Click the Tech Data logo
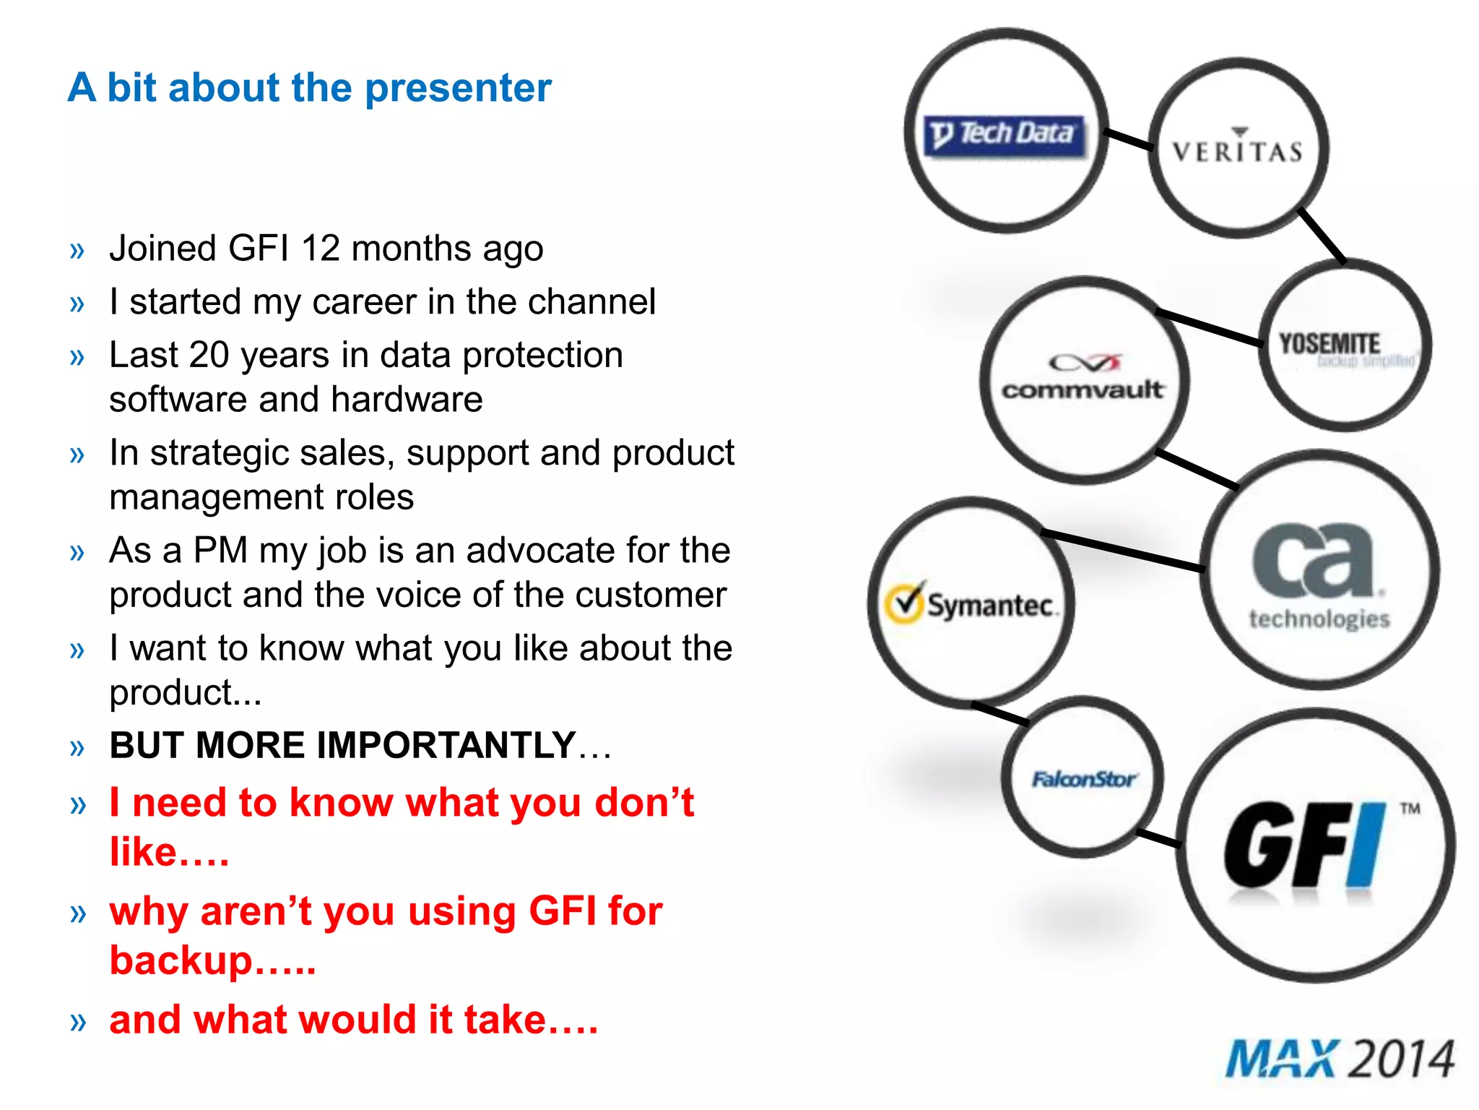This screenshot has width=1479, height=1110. [x=1005, y=135]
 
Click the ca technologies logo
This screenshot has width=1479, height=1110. [x=1318, y=575]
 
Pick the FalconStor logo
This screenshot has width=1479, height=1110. [x=1083, y=779]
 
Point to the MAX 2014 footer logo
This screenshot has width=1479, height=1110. [x=1340, y=1059]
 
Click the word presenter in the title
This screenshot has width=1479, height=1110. [x=458, y=88]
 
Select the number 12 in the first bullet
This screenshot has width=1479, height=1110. [x=320, y=249]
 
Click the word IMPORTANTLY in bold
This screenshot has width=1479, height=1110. [x=386, y=745]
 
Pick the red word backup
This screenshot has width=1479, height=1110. [x=181, y=960]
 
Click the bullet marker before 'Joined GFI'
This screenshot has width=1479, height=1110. [x=77, y=251]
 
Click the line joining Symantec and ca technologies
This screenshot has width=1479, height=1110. [x=1123, y=551]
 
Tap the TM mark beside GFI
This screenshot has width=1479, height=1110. [x=1410, y=808]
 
